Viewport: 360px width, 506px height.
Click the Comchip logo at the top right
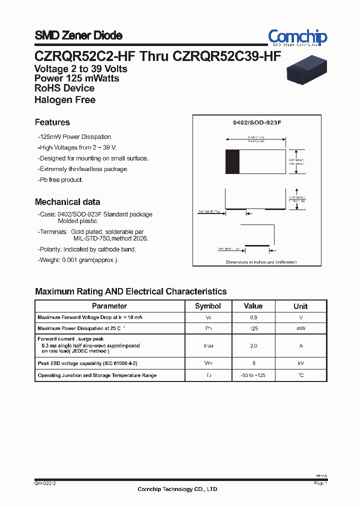click(297, 37)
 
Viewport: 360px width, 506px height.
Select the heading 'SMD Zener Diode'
click(78, 35)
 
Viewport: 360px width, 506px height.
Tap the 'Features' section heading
click(52, 122)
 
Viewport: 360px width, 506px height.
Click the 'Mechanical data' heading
click(67, 202)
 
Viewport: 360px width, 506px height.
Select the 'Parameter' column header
click(109, 306)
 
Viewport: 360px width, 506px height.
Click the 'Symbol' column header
click(207, 306)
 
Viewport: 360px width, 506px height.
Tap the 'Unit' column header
click(300, 306)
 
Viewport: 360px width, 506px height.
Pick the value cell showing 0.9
click(253, 317)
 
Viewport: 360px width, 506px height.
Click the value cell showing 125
click(253, 328)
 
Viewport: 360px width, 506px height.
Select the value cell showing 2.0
click(253, 345)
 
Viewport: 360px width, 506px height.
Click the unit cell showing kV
click(300, 363)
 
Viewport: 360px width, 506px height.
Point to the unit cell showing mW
click(300, 328)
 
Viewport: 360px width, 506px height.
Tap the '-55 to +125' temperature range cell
click(253, 375)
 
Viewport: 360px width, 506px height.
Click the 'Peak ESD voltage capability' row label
click(87, 363)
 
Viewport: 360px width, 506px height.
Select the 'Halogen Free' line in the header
click(65, 100)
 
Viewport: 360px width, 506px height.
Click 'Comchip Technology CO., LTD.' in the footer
click(178, 489)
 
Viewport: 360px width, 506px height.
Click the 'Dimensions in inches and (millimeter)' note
click(261, 262)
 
